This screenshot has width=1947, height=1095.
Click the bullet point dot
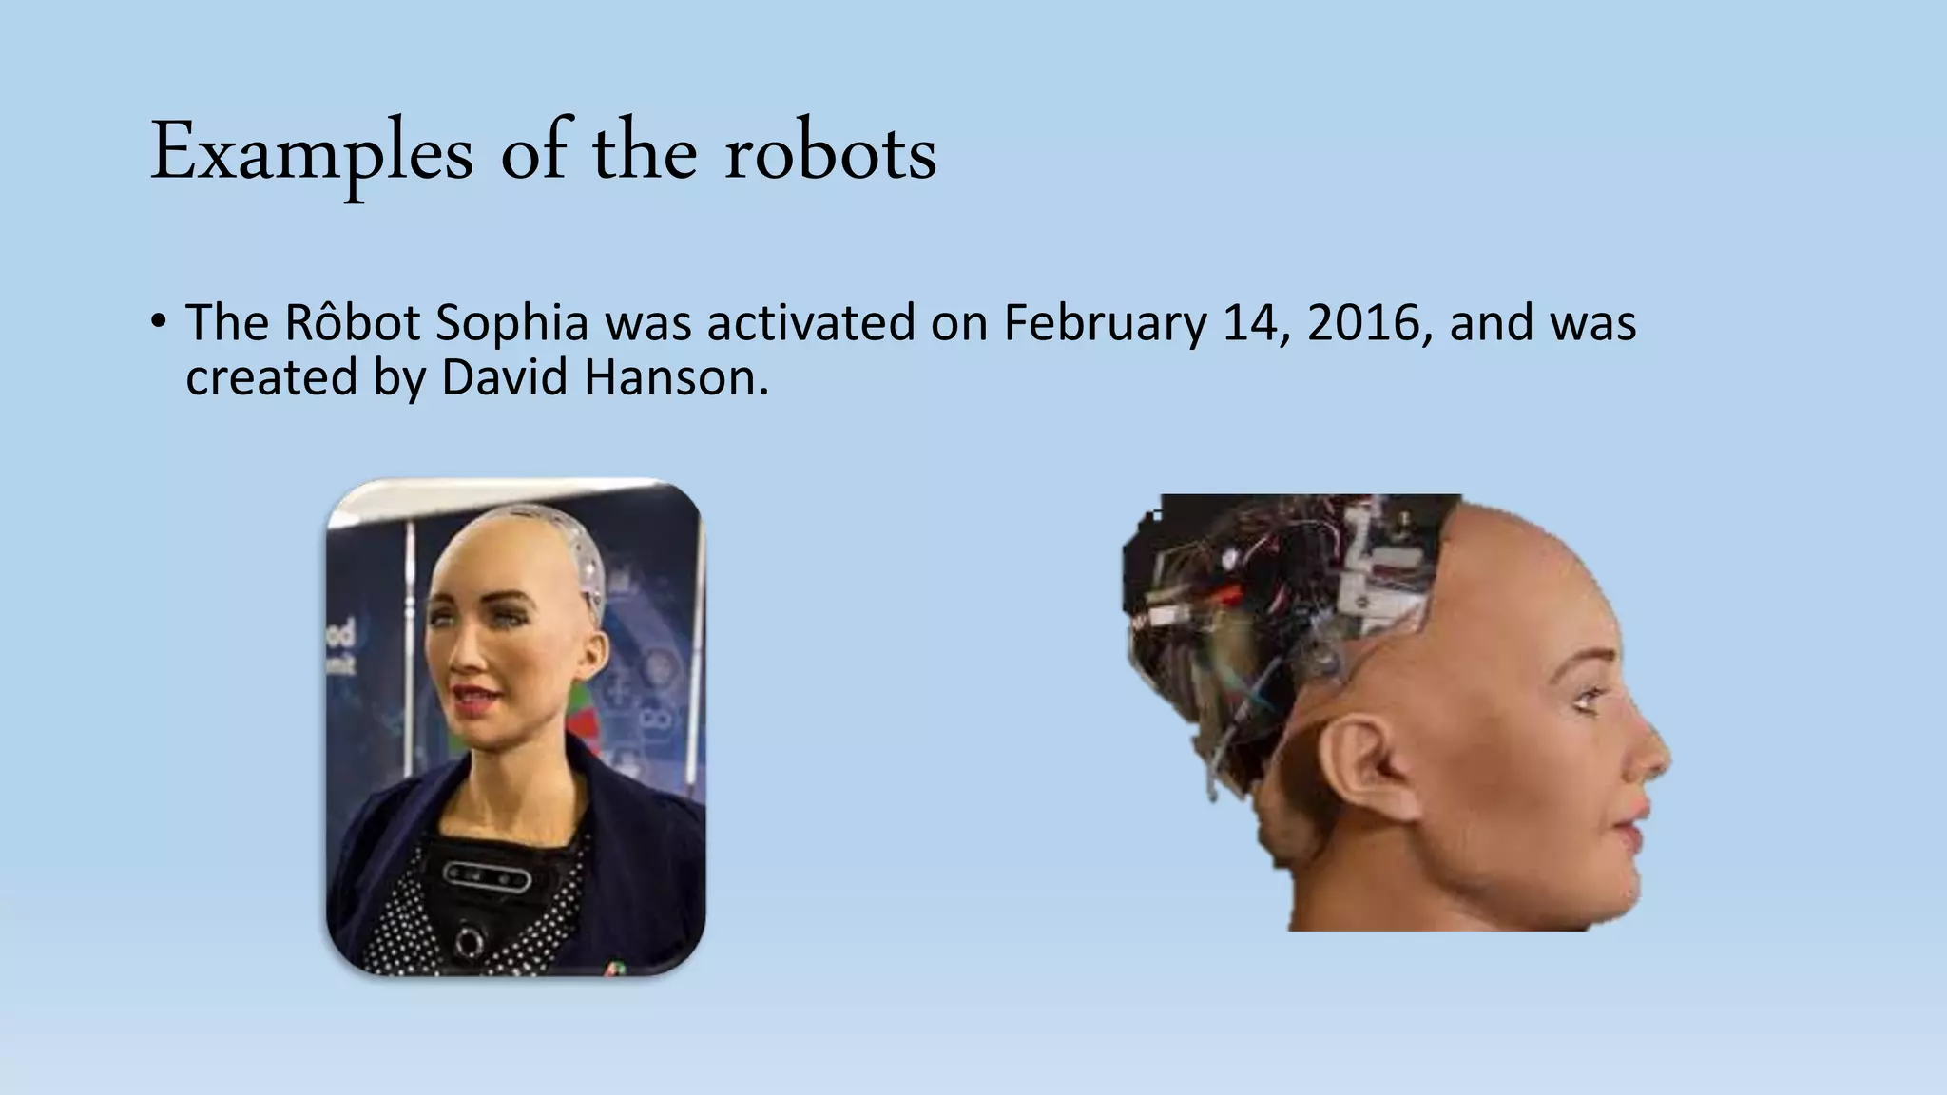click(158, 319)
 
